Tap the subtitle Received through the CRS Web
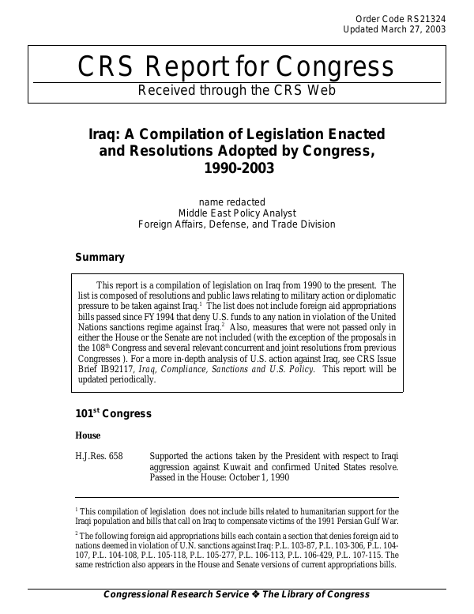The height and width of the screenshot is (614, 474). pyautogui.click(x=237, y=90)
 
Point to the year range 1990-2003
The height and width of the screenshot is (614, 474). pyautogui.click(x=236, y=168)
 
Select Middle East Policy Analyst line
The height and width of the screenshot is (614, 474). pyautogui.click(x=236, y=213)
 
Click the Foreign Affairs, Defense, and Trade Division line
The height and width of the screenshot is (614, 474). pyautogui.click(x=236, y=224)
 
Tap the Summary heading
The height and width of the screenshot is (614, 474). pyautogui.click(x=100, y=257)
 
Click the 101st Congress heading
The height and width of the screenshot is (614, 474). pyautogui.click(x=113, y=414)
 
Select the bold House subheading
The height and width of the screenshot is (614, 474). pyautogui.click(x=88, y=435)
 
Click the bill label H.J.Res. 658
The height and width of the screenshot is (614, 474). pyautogui.click(x=99, y=456)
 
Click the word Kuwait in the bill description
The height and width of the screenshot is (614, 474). pyautogui.click(x=237, y=467)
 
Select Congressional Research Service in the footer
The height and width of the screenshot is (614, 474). pyautogui.click(x=175, y=594)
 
